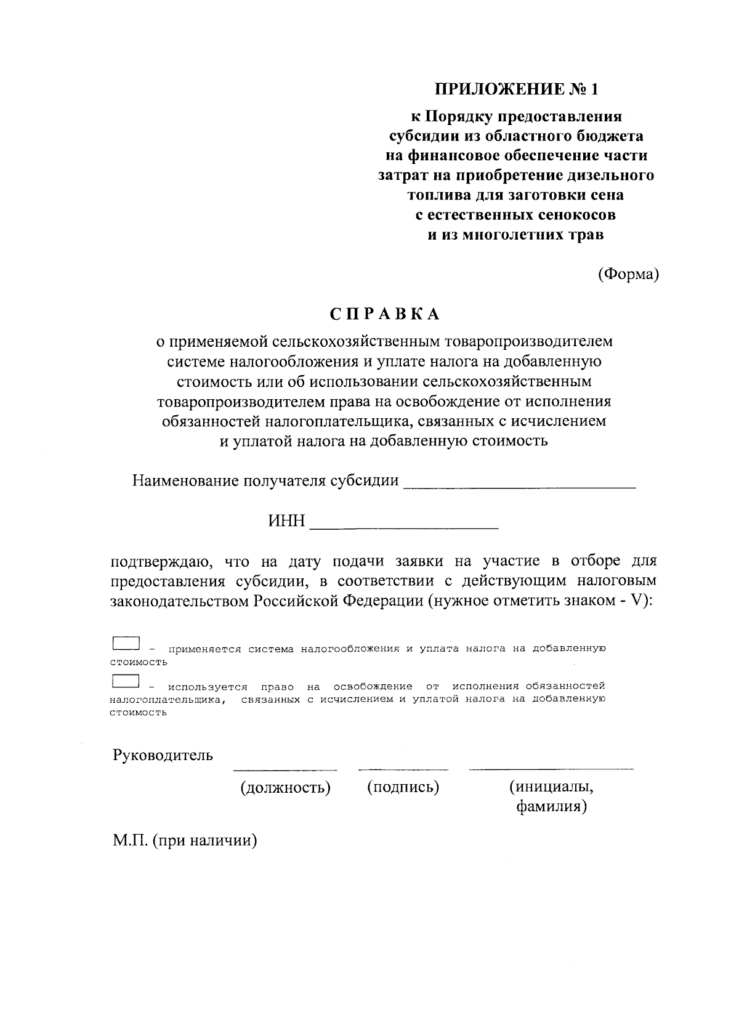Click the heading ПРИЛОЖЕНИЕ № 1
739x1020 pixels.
coord(517,89)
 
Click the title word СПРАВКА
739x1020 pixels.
coord(385,314)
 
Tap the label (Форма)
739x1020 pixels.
coord(628,275)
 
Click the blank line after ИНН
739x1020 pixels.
coord(404,528)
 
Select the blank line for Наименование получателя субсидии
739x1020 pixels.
coord(519,487)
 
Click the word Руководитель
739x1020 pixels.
coord(163,755)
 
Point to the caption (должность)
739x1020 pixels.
coord(285,787)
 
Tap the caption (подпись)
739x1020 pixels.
coord(403,787)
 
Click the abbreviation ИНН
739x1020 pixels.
coord(286,522)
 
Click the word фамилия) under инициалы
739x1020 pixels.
coord(551,807)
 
